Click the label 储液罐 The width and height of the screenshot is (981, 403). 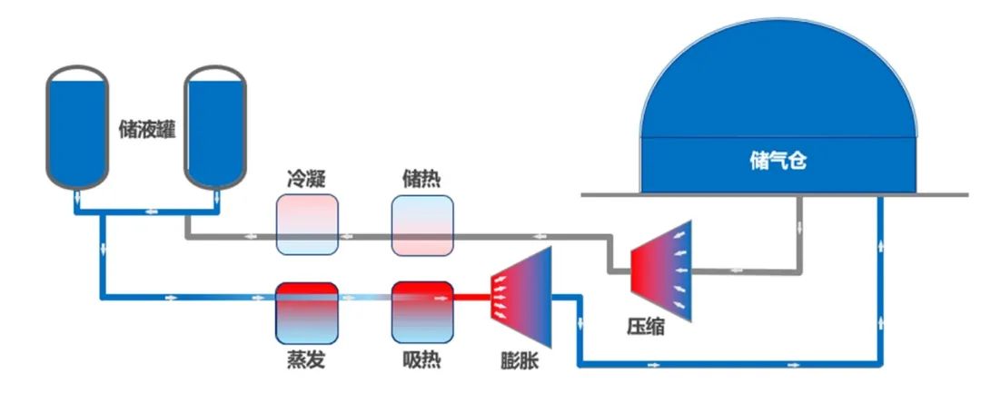pos(146,129)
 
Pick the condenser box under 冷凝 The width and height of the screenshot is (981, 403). pos(307,224)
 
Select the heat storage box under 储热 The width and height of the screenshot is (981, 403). pos(422,224)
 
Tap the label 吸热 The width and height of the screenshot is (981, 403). pos(421,360)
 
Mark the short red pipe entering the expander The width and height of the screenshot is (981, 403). pos(471,296)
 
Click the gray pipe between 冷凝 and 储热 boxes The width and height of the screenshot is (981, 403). pos(365,237)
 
